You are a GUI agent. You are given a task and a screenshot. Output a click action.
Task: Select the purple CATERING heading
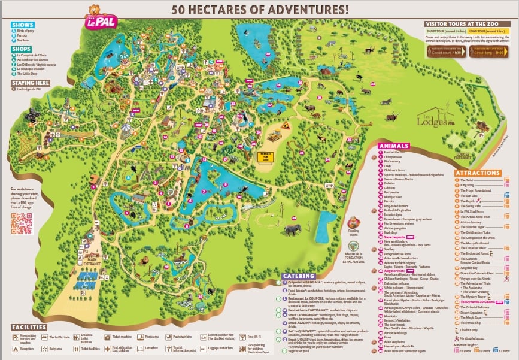point(301,276)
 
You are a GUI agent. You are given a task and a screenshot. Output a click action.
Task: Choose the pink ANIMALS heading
point(393,145)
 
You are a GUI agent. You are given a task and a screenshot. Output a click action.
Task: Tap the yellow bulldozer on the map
point(275,135)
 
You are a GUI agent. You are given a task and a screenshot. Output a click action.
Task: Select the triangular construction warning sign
point(286,125)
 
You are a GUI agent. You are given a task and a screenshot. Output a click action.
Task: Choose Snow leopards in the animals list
point(396,238)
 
